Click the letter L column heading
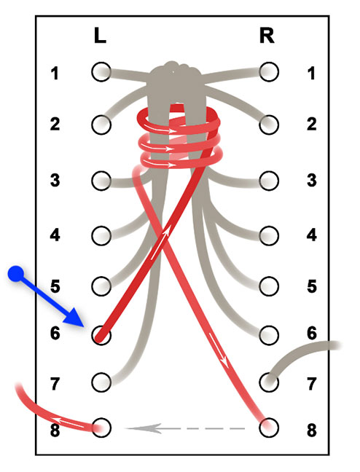coord(100,36)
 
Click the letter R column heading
coord(267,36)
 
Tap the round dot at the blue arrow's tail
coord(15,274)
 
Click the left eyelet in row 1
coord(101,72)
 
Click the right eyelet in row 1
coord(269,72)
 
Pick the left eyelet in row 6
coord(101,335)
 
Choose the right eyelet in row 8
coord(269,428)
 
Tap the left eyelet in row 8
coord(101,428)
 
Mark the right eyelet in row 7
coord(269,382)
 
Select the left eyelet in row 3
coord(101,181)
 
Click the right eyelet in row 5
coord(269,286)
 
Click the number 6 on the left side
coord(55,334)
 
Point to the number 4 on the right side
coord(312,235)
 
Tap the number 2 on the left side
coord(55,124)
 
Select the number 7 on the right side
coord(312,384)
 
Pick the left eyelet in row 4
coord(101,236)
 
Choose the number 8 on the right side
coord(312,430)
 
